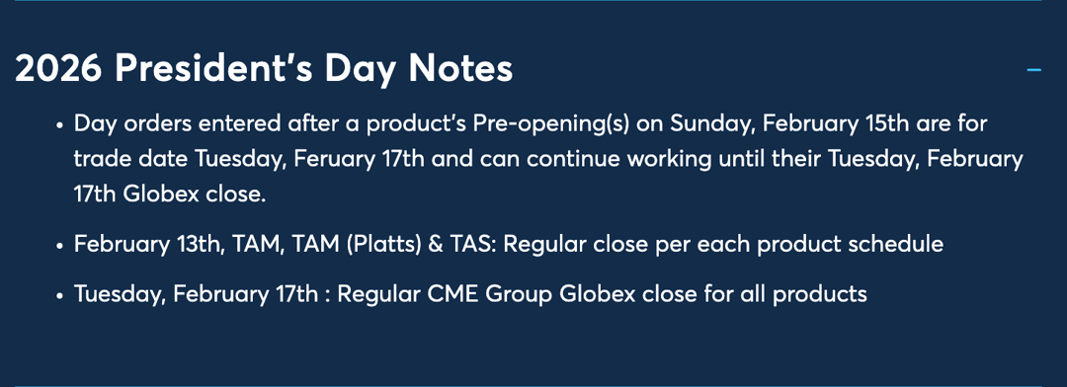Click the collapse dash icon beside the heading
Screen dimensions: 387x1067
tap(1034, 70)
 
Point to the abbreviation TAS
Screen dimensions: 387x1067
tap(470, 244)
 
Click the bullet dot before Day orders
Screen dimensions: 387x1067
tap(59, 126)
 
